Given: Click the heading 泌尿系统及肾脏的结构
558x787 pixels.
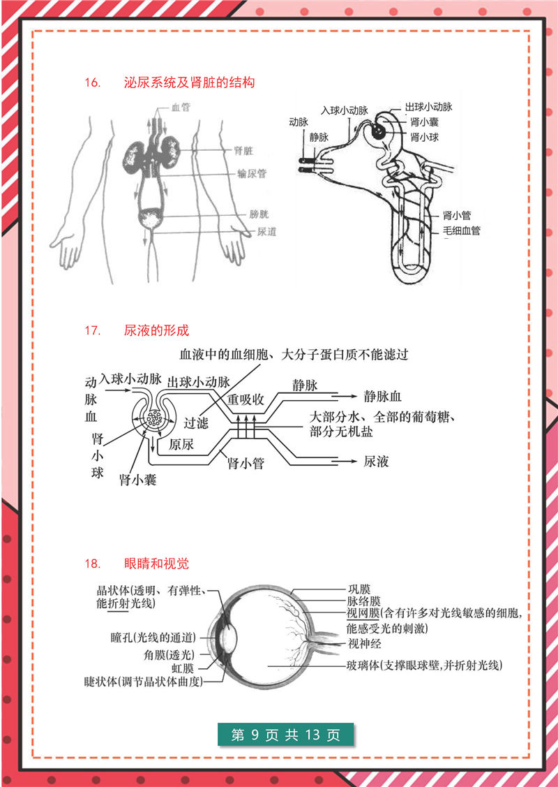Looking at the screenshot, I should pos(189,83).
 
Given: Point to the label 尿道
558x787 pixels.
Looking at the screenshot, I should pos(266,232).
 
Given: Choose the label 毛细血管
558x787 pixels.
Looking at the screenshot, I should pos(461,230).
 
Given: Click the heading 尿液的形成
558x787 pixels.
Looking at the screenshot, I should pos(156,330).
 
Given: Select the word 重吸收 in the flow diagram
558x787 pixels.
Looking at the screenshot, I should pos(246,400).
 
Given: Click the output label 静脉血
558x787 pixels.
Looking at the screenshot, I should pos(382,397).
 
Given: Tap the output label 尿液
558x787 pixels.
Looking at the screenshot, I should pos(376,462).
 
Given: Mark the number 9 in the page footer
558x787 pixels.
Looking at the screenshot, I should pos(255,735).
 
